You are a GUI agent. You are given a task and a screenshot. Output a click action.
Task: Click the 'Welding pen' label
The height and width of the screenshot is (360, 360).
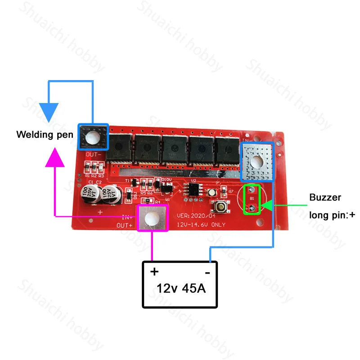[x=45, y=134]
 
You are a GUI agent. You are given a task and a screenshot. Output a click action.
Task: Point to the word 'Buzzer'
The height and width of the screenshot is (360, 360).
[x=325, y=197]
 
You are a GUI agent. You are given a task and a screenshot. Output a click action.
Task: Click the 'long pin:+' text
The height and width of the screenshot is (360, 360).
[x=332, y=215]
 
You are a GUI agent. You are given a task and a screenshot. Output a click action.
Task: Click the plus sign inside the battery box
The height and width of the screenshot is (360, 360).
[x=154, y=272]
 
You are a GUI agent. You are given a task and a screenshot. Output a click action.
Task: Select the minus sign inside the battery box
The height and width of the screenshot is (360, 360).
[x=207, y=272]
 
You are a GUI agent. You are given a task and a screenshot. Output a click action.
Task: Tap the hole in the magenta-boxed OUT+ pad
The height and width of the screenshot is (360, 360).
[x=153, y=217]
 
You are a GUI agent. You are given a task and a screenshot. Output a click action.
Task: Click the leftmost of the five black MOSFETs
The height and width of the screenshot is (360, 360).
[x=121, y=148]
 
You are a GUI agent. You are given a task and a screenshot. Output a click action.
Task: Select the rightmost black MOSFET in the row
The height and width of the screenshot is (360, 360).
[x=227, y=149]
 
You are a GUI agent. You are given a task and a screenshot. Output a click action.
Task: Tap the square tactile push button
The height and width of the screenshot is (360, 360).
[x=221, y=208]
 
